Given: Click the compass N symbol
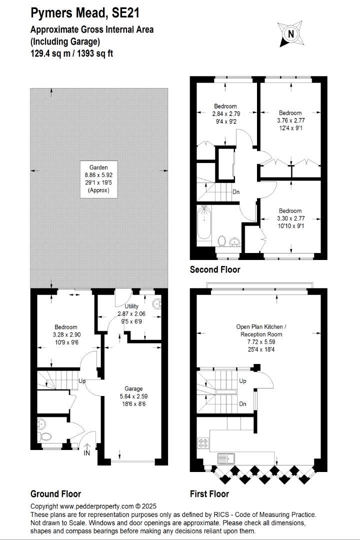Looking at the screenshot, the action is pos(291,34).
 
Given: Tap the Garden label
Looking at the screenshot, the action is pos(99,167).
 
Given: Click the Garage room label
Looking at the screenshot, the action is pos(133,389).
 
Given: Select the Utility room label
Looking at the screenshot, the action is pos(131,306).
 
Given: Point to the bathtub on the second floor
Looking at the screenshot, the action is pos(204,222).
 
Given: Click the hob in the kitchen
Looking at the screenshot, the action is pos(203,443).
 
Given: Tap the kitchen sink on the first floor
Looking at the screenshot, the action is pos(226,458).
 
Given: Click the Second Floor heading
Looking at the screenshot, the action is pos(215,269).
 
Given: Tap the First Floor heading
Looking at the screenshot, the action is pos(209,494).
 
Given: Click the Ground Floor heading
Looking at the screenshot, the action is pos(56,494).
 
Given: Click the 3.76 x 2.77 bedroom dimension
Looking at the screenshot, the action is pos(291,120).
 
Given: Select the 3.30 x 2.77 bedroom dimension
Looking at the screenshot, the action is pos(291,218).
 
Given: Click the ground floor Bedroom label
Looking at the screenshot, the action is pos(66,327).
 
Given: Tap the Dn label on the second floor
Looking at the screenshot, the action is pos(236,192).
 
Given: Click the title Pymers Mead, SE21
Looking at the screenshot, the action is pos(85,13).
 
